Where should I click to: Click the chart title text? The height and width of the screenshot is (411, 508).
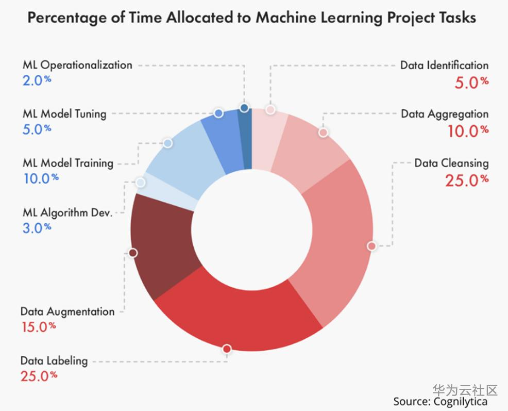coord(251,18)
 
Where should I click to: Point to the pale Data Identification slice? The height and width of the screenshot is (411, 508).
coord(268,139)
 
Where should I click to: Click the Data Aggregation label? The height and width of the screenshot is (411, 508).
coord(445,114)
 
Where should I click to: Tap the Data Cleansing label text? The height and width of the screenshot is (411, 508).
coord(451,163)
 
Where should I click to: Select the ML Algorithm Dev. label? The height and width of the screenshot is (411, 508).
coord(67,212)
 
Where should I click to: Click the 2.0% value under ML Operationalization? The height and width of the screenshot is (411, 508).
coord(37,81)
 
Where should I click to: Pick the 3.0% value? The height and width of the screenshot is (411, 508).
coord(37,227)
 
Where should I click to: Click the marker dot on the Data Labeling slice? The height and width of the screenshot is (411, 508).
coord(227,350)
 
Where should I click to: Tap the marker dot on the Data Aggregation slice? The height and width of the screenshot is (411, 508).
coord(323,133)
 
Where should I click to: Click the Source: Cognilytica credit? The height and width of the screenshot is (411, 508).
coord(440,401)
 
